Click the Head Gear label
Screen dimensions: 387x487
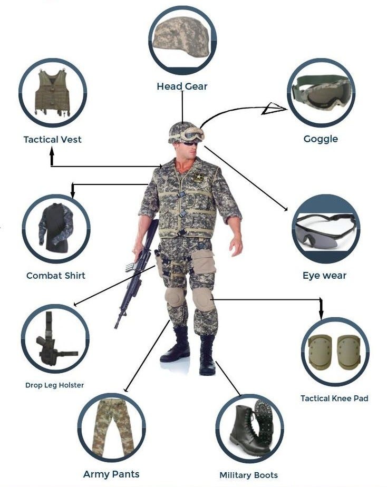pos(182,86)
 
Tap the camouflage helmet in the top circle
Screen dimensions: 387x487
pos(181,37)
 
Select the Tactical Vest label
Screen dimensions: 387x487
pos(52,140)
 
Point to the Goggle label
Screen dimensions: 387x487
pos(321,139)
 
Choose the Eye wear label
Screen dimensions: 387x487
pos(324,275)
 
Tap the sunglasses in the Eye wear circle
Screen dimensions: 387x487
pos(325,230)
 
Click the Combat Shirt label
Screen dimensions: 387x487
pos(55,276)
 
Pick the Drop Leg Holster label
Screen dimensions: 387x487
pos(54,385)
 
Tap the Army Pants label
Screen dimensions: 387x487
pos(111,474)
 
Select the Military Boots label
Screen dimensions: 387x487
pos(248,475)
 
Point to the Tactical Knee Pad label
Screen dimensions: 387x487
pos(334,398)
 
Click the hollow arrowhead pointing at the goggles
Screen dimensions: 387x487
pos(273,109)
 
